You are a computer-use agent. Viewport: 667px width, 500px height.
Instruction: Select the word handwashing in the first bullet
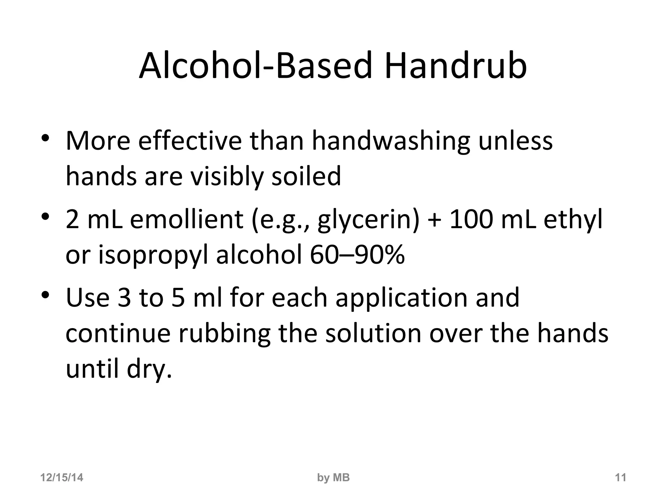click(391, 142)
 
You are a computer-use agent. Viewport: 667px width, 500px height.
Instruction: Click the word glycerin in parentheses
click(366, 220)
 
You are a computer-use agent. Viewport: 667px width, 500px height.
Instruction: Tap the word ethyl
click(573, 220)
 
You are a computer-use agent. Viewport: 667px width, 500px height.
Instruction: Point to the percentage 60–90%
click(357, 255)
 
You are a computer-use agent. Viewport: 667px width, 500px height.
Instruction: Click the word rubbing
click(224, 334)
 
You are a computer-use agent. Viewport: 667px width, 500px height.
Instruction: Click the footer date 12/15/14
click(62, 478)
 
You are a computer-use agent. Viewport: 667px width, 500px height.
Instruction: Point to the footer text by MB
click(333, 478)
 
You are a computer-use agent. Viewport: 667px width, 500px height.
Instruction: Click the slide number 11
click(620, 478)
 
